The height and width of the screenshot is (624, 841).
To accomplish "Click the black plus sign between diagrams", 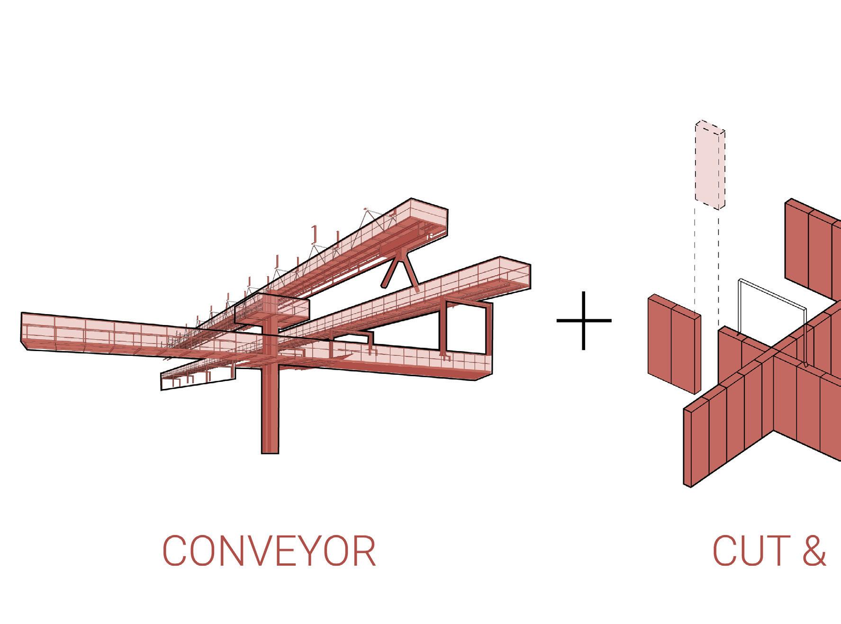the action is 584,321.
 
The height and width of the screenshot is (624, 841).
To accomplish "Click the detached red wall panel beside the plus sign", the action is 673,344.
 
